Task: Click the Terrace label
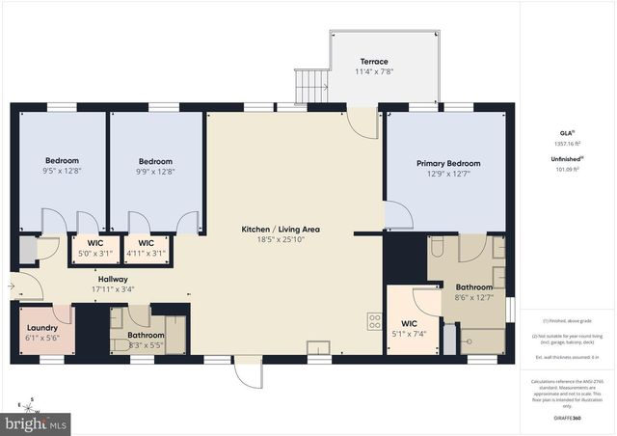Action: (x=373, y=62)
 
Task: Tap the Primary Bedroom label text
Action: (x=447, y=164)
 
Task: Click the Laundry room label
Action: (x=41, y=327)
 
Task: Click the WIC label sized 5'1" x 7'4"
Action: (x=408, y=323)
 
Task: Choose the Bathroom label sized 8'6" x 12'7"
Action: (x=473, y=287)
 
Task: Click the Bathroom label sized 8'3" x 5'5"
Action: (x=146, y=335)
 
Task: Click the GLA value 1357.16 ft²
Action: (x=567, y=144)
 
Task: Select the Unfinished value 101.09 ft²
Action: (x=567, y=171)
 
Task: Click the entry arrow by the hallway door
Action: (x=11, y=286)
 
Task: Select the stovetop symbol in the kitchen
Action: (x=373, y=321)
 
